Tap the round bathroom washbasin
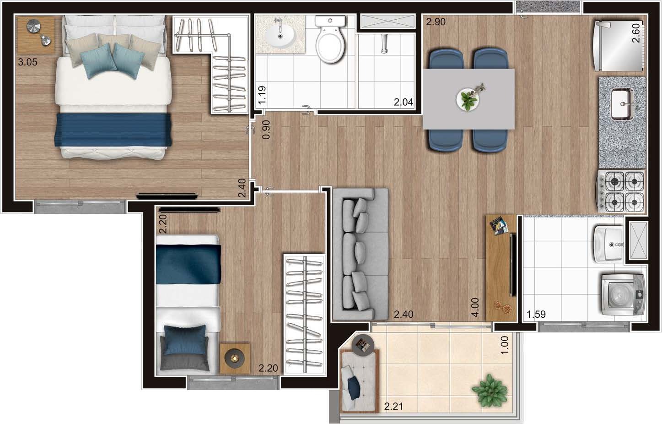[280, 37]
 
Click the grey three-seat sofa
[360, 254]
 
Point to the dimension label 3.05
[28, 62]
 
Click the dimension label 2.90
[436, 22]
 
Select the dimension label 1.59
[536, 314]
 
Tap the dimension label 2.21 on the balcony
[393, 406]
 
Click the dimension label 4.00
[475, 307]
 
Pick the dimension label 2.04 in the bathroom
[404, 102]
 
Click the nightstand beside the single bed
[235, 358]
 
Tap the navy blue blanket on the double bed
[113, 130]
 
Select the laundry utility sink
[609, 244]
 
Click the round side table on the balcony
[363, 344]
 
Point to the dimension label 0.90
[266, 130]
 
